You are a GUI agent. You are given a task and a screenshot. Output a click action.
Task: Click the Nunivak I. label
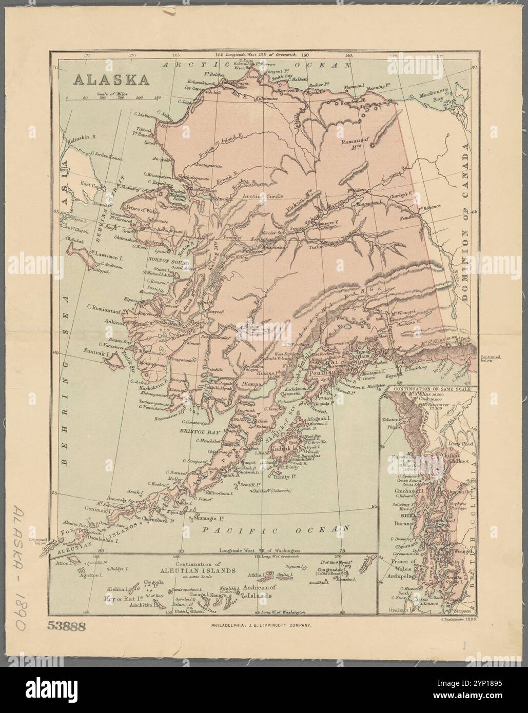pyautogui.click(x=97, y=353)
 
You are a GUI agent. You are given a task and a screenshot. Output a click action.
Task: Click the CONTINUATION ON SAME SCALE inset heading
pyautogui.click(x=429, y=389)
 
